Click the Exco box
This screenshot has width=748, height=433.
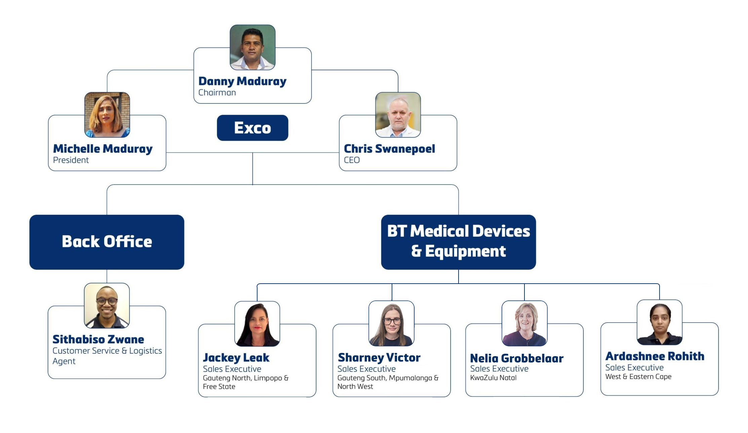pyautogui.click(x=252, y=128)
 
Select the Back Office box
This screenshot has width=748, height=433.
pyautogui.click(x=107, y=242)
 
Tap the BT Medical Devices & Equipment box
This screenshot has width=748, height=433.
pyautogui.click(x=458, y=242)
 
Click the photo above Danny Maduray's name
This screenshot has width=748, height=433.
pyautogui.click(x=252, y=47)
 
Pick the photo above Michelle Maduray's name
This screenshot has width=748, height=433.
pyautogui.click(x=107, y=115)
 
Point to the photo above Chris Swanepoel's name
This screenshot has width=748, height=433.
pyautogui.click(x=398, y=115)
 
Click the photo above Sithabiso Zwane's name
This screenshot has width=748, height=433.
pyautogui.click(x=107, y=305)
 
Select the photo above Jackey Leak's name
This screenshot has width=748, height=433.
pyautogui.click(x=257, y=324)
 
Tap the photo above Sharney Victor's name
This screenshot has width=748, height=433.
pyautogui.click(x=392, y=324)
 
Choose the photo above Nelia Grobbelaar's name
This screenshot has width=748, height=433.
pyautogui.click(x=524, y=323)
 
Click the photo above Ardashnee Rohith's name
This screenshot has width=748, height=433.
pyautogui.click(x=660, y=322)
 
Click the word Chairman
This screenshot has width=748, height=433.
pyautogui.click(x=217, y=93)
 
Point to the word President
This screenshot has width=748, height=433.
pyautogui.click(x=71, y=160)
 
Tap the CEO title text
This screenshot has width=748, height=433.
pyautogui.click(x=352, y=160)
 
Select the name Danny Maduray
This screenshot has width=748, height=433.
pyautogui.click(x=242, y=81)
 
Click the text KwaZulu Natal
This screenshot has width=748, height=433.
pyautogui.click(x=493, y=378)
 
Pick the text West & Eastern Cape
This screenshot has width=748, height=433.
pyautogui.click(x=638, y=377)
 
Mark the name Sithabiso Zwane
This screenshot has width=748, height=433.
pyautogui.click(x=98, y=339)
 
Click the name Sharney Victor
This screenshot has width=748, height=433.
pyautogui.click(x=379, y=357)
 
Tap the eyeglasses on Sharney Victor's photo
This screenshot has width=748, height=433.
pyautogui.click(x=392, y=321)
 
